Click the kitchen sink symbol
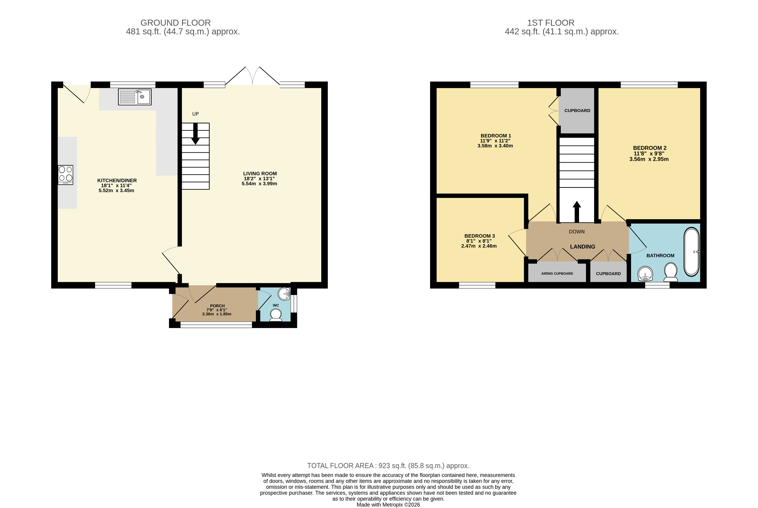point(135,97)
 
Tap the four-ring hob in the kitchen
point(65,175)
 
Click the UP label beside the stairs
point(195,114)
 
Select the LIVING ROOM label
point(260,174)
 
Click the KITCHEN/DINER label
point(117,181)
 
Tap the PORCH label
point(217,305)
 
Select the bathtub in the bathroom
point(692,252)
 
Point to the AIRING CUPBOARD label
point(557,273)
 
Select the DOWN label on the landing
point(577,232)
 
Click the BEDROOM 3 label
point(480,236)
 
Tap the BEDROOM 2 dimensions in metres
point(649,159)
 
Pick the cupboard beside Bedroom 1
point(577,110)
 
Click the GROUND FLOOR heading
point(176,23)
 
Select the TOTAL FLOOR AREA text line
point(388,466)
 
